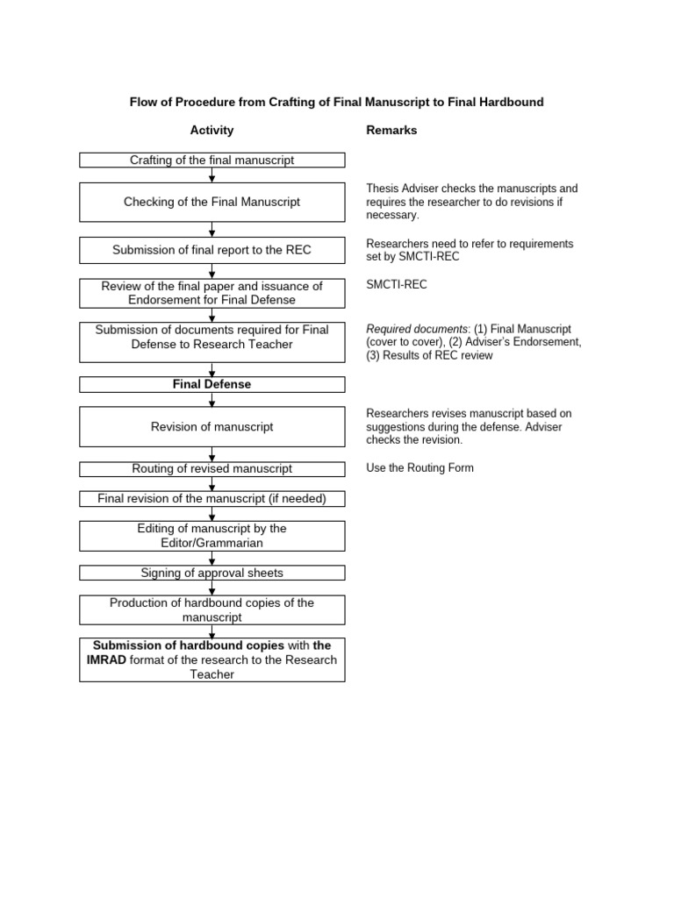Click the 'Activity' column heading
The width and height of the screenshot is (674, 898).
[x=212, y=131]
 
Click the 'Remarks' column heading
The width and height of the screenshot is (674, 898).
[x=391, y=131]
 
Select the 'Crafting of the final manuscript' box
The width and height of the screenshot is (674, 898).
[x=212, y=160]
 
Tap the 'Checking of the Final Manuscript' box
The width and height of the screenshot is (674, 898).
[x=212, y=202]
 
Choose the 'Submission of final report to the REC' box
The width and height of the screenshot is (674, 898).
[x=212, y=250]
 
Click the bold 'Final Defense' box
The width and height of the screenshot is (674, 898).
[x=212, y=384]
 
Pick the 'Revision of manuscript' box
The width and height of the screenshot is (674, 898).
[x=212, y=426]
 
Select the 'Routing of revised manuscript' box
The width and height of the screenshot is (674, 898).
[x=212, y=469]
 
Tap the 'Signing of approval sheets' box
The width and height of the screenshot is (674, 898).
[x=212, y=573]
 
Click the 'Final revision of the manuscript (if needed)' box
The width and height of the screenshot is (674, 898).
[x=212, y=499]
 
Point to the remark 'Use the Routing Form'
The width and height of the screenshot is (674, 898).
[x=419, y=468]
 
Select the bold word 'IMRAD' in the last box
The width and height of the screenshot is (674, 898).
[x=107, y=659]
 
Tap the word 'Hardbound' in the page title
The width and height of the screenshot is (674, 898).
[x=513, y=103]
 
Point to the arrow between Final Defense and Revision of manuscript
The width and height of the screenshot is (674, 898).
[x=212, y=400]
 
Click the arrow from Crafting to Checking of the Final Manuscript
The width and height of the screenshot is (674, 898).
[x=212, y=175]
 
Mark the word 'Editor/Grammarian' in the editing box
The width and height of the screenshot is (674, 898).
[x=212, y=543]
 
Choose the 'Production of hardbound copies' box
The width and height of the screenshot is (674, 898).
[x=212, y=610]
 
